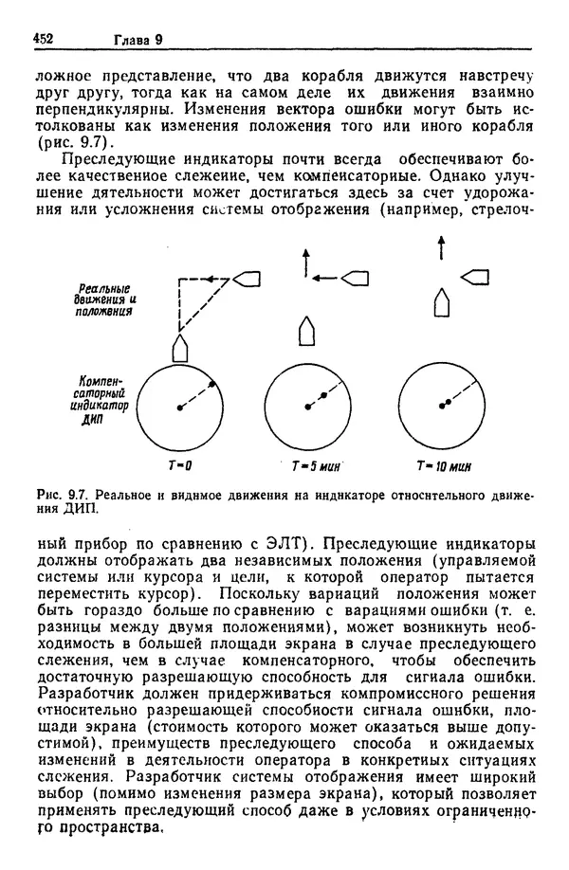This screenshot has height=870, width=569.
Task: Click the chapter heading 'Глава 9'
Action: pyautogui.click(x=138, y=39)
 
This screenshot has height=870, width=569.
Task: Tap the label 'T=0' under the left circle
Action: pyautogui.click(x=179, y=466)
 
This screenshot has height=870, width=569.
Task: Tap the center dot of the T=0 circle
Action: pyautogui.click(x=179, y=408)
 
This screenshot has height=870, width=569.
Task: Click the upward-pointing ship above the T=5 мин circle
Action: pyautogui.click(x=306, y=331)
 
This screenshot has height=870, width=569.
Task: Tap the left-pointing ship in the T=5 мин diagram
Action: pyautogui.click(x=355, y=278)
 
